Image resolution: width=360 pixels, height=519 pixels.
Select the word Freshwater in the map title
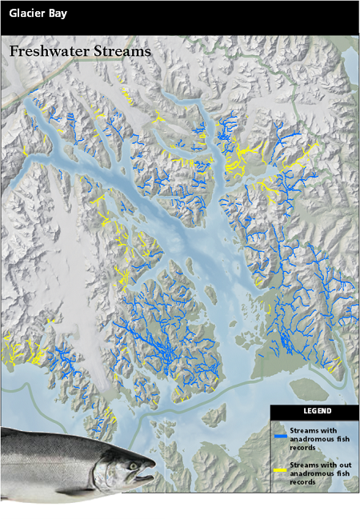click(x=48, y=51)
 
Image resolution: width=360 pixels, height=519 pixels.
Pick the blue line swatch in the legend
click(x=280, y=437)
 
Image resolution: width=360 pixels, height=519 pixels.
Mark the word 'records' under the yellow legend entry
click(x=301, y=482)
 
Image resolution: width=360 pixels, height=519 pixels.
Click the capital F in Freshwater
click(x=14, y=51)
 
